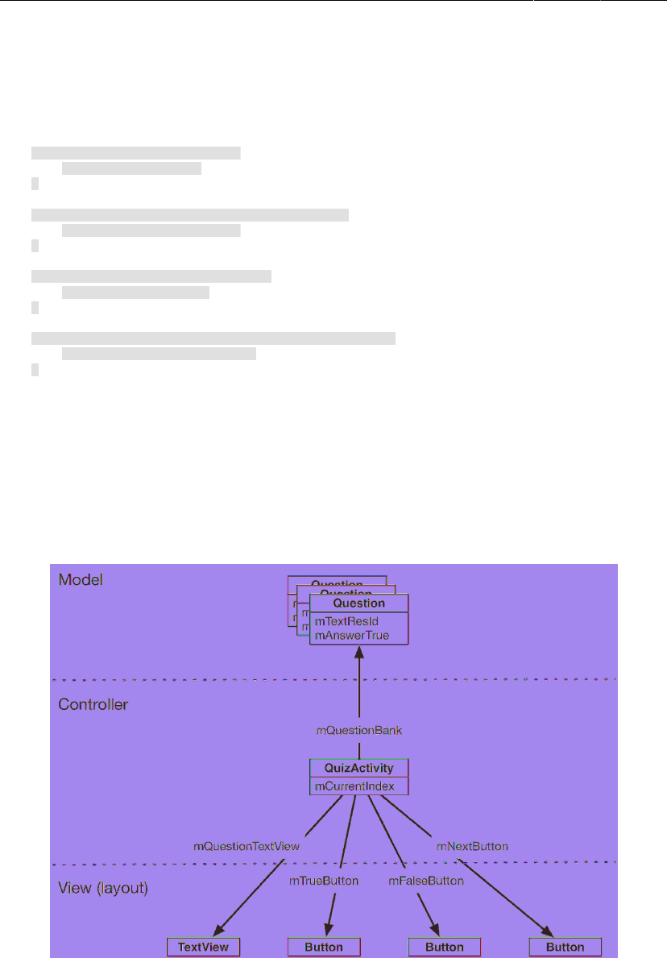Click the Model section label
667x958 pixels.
[x=81, y=579]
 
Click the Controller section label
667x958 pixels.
[x=93, y=704]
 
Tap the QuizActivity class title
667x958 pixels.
[x=359, y=769]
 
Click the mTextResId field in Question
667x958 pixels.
[x=347, y=621]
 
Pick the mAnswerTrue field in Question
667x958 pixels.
[x=352, y=635]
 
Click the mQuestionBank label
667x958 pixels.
[x=358, y=731]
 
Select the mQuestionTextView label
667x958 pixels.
[x=246, y=846]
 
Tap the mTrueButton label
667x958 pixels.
[x=324, y=881]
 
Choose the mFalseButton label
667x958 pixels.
[x=426, y=881]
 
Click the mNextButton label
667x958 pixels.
[x=472, y=846]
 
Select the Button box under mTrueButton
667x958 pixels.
[x=324, y=947]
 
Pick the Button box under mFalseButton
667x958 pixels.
[x=445, y=947]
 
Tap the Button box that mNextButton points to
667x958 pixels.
[x=565, y=947]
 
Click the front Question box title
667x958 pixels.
[x=359, y=603]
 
